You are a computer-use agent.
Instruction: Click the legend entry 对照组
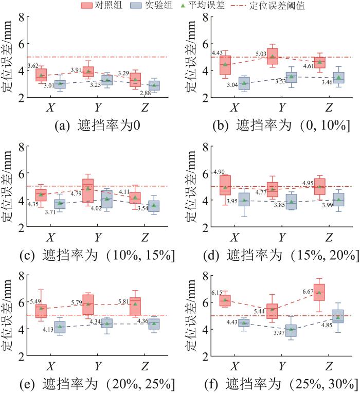click(x=102, y=6)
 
